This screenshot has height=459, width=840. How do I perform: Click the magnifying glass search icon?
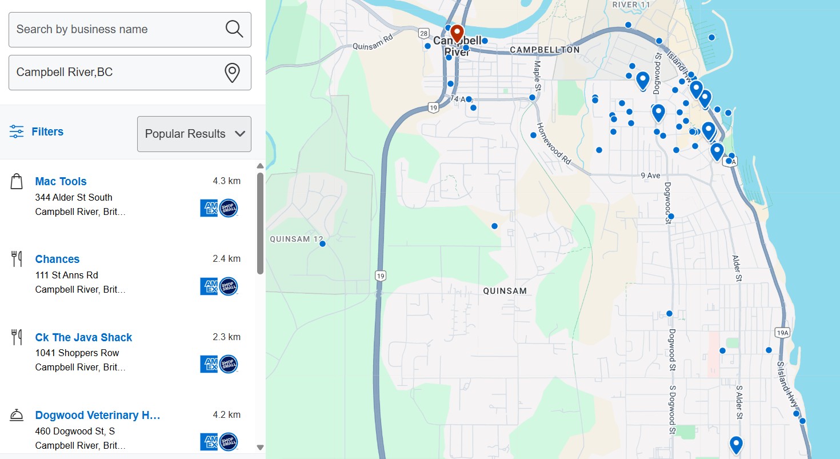tap(234, 29)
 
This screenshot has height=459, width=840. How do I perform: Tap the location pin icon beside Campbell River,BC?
tap(231, 73)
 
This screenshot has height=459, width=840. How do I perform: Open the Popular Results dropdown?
tap(194, 134)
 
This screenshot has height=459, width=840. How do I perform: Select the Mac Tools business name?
tap(61, 182)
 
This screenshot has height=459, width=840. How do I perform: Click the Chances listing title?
tap(57, 260)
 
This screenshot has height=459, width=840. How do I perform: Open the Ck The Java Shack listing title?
tap(83, 338)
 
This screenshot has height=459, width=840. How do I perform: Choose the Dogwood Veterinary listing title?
tap(98, 416)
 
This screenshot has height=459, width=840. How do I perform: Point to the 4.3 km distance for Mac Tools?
tap(226, 181)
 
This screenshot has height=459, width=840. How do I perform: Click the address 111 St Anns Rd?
tap(66, 275)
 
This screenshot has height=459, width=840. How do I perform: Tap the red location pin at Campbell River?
tap(457, 33)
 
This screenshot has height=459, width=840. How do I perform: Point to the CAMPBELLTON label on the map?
tap(545, 50)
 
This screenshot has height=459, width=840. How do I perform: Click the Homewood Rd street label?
tap(554, 143)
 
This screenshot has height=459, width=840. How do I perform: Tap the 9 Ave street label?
tap(650, 175)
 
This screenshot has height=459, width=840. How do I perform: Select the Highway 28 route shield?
tap(423, 33)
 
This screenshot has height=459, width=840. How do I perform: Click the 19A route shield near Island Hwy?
tap(782, 332)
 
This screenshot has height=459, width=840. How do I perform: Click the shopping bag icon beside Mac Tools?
tap(17, 182)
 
